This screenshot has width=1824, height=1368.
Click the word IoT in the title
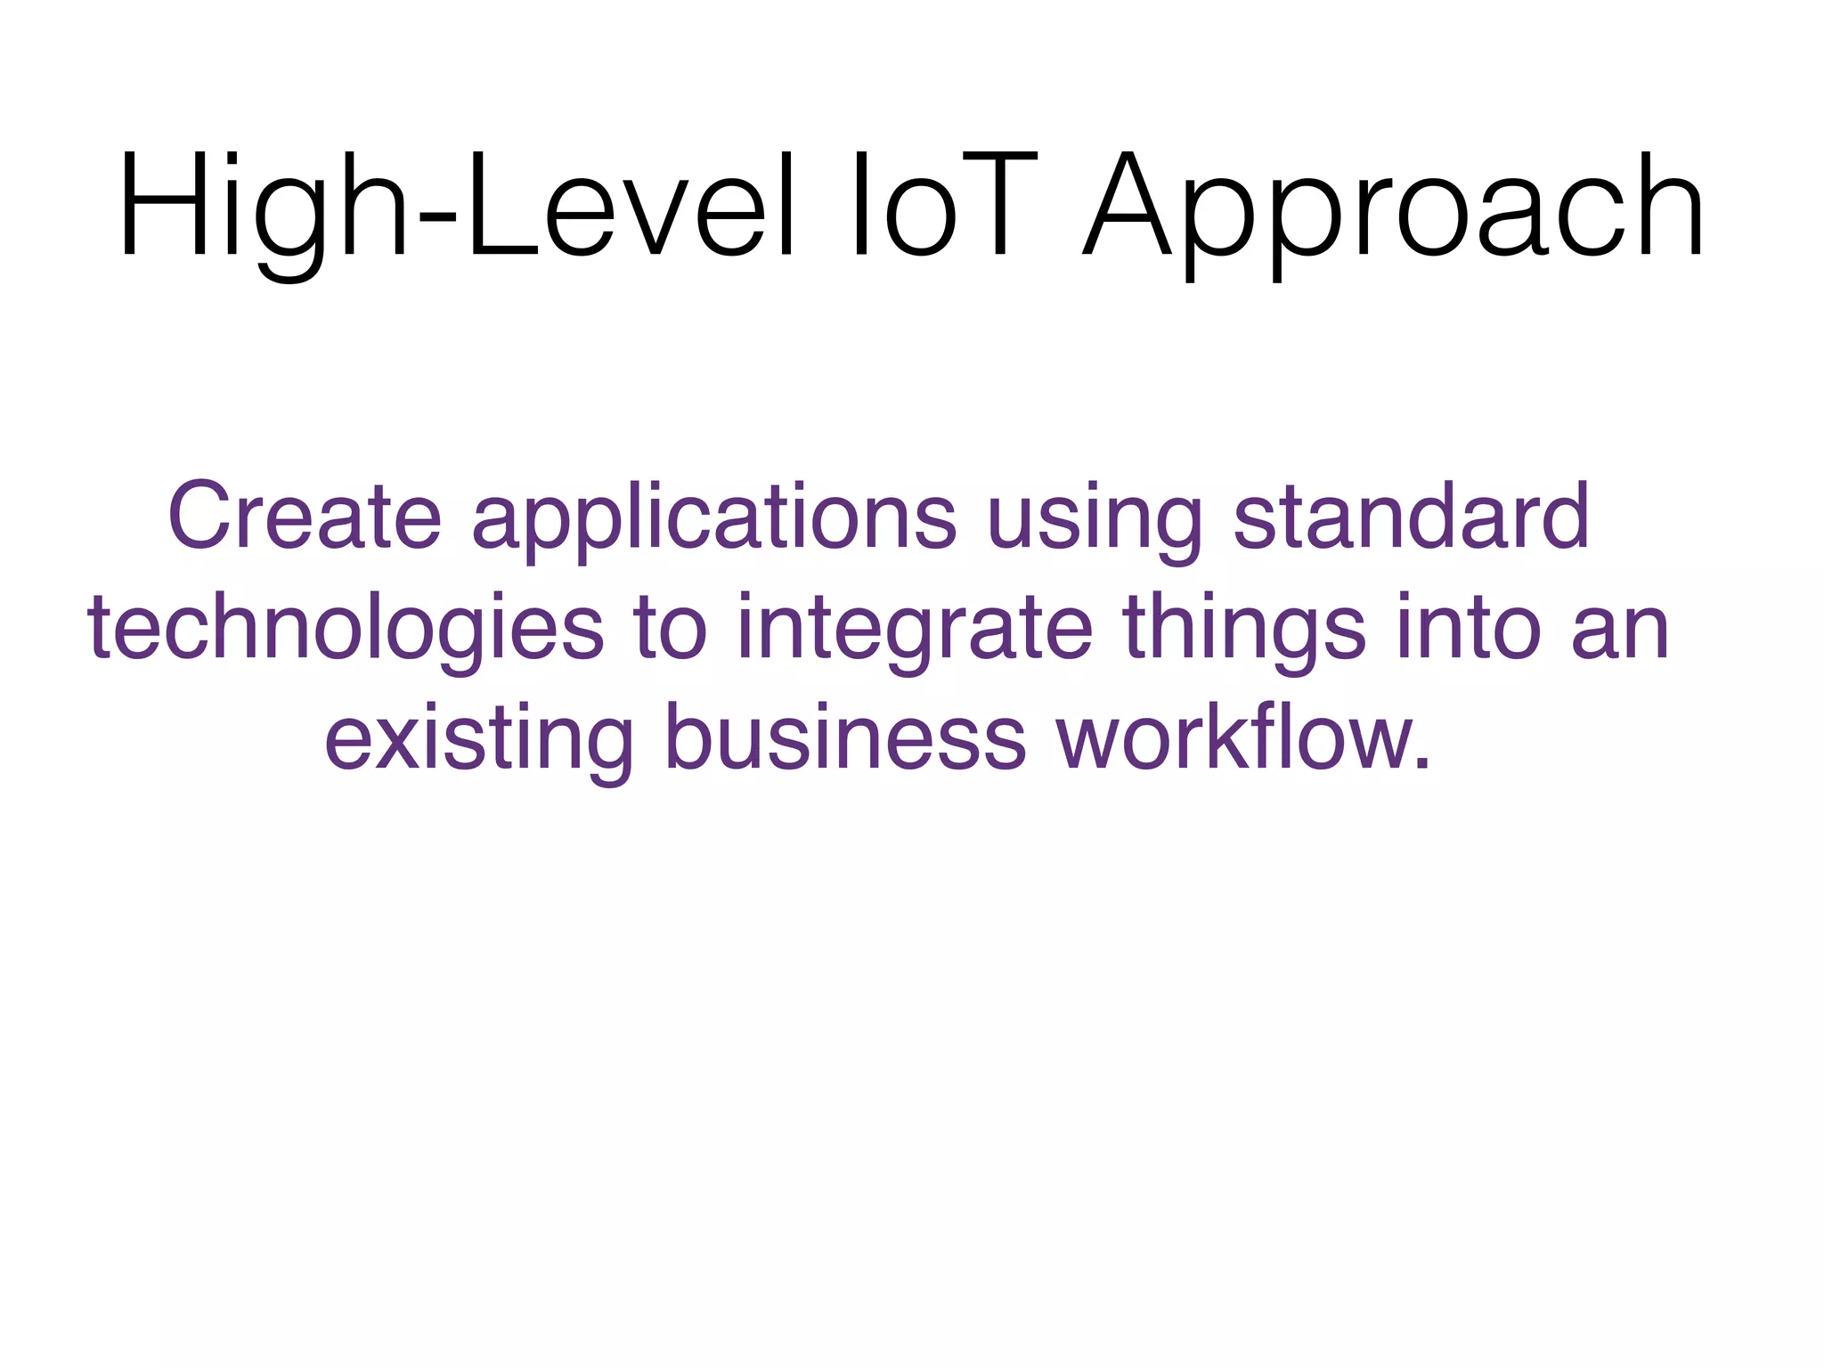(x=944, y=207)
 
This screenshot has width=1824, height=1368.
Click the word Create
(x=305, y=517)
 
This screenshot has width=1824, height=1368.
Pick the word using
(x=1095, y=521)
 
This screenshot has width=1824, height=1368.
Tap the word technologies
(x=346, y=631)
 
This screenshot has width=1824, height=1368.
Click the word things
(x=1244, y=631)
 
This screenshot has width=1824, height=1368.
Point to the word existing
(x=479, y=742)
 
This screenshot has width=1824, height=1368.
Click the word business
(x=845, y=739)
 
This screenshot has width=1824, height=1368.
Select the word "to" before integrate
(x=671, y=631)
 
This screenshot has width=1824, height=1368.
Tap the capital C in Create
(x=199, y=517)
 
